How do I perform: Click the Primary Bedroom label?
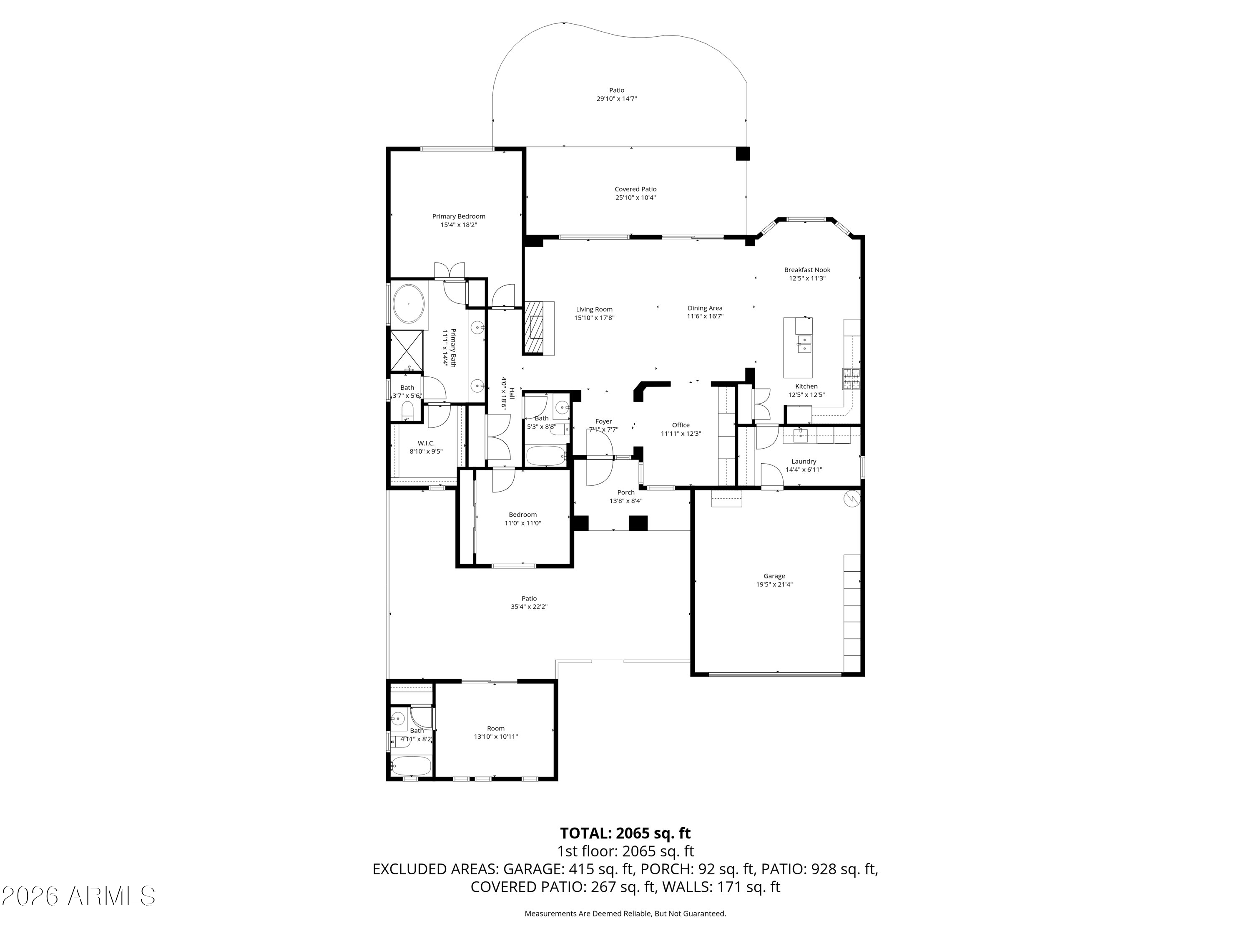pyautogui.click(x=459, y=216)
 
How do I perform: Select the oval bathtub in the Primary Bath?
pyautogui.click(x=408, y=304)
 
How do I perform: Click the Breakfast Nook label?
pyautogui.click(x=807, y=270)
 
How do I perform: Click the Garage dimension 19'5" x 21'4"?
pyautogui.click(x=774, y=585)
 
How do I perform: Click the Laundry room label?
pyautogui.click(x=804, y=461)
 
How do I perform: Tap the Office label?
pyautogui.click(x=681, y=425)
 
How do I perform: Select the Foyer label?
pyautogui.click(x=603, y=422)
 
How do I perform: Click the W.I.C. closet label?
pyautogui.click(x=426, y=443)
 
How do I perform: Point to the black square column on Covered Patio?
pyautogui.click(x=743, y=154)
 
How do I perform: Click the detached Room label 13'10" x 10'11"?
pyautogui.click(x=496, y=732)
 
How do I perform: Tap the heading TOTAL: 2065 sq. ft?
pyautogui.click(x=625, y=833)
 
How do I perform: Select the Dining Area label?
pyautogui.click(x=705, y=308)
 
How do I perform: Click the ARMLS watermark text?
pyautogui.click(x=79, y=896)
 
